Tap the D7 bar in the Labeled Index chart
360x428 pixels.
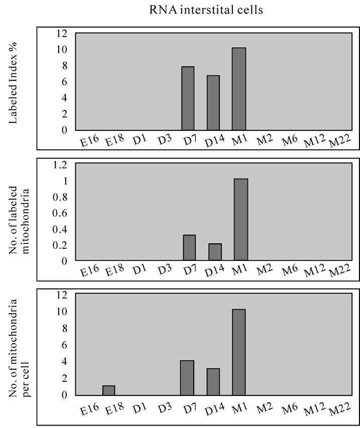tap(188, 98)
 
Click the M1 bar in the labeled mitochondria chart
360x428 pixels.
tap(241, 220)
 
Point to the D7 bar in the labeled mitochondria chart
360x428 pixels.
tap(189, 248)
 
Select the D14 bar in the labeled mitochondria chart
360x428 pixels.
tap(215, 252)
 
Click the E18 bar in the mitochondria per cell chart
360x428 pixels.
tap(109, 390)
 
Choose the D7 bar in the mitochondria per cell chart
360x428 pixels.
tap(187, 377)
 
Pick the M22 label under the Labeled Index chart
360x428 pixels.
tap(338, 144)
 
